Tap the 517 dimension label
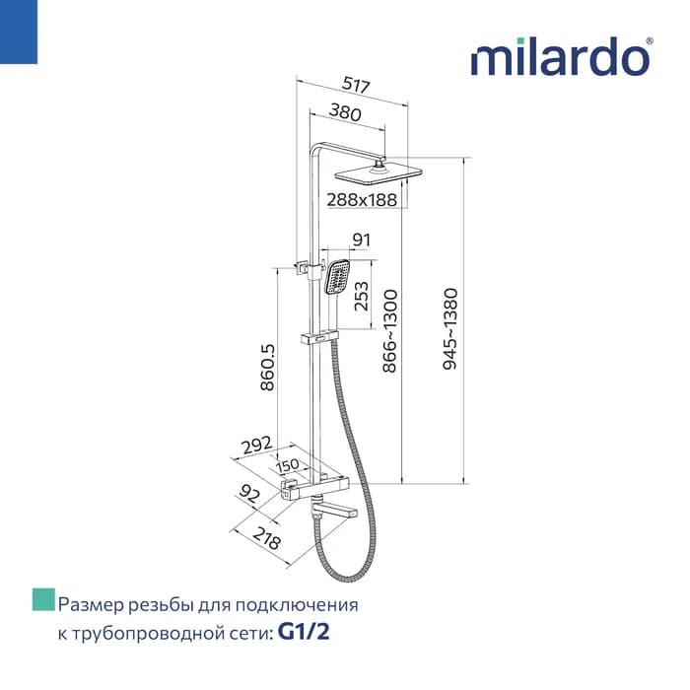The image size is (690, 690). tap(357, 85)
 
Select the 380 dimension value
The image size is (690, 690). tap(345, 112)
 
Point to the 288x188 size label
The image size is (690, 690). tap(362, 200)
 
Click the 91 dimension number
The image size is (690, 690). tap(362, 240)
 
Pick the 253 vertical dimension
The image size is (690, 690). tap(361, 296)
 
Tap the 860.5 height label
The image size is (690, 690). tap(267, 367)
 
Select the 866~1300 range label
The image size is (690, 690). tap(389, 331)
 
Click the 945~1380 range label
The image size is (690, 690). tap(450, 328)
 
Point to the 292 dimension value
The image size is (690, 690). tap(256, 446)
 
